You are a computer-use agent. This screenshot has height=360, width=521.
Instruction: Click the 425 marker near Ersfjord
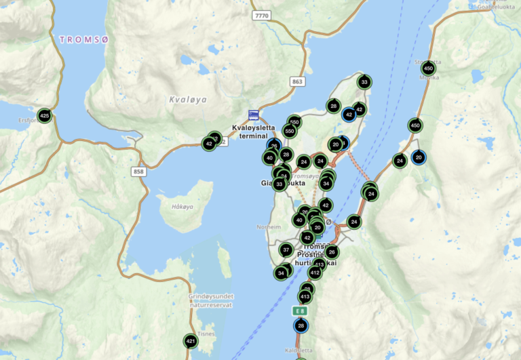(45, 116)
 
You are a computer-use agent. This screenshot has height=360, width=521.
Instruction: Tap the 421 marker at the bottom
(191, 341)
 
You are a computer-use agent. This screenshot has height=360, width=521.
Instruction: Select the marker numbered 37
(286, 250)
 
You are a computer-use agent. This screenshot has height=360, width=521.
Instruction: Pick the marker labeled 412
(315, 273)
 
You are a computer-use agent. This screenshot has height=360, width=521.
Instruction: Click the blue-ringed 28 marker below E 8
(301, 326)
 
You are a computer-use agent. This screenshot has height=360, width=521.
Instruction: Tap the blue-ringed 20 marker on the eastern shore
(419, 157)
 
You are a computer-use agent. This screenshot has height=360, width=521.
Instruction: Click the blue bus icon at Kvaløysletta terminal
(253, 115)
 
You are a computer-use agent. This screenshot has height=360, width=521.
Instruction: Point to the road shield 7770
(260, 14)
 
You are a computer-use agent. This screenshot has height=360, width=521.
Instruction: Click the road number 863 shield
(296, 81)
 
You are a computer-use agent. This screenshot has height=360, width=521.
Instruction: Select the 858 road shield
(139, 172)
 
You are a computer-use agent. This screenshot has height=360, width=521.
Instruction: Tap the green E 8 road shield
(300, 311)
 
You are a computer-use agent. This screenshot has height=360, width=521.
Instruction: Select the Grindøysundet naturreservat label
(210, 300)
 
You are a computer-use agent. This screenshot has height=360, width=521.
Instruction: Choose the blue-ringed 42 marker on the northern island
(349, 115)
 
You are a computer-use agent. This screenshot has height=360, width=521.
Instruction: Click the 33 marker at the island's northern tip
(364, 83)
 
